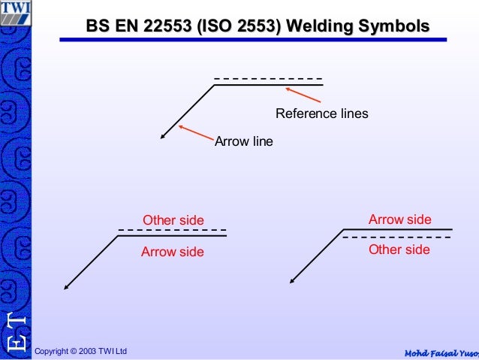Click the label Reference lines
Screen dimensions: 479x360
click(322, 114)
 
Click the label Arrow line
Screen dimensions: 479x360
click(244, 141)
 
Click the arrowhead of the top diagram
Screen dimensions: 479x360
click(163, 136)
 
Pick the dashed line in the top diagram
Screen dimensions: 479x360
click(268, 79)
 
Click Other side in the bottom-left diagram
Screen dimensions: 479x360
click(173, 220)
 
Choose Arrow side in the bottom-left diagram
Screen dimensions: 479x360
click(173, 252)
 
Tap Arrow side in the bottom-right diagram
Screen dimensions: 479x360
click(400, 219)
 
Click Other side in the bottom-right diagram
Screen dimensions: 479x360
click(399, 250)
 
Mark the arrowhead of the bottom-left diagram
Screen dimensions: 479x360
click(67, 286)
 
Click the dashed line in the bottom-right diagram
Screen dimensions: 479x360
click(397, 237)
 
